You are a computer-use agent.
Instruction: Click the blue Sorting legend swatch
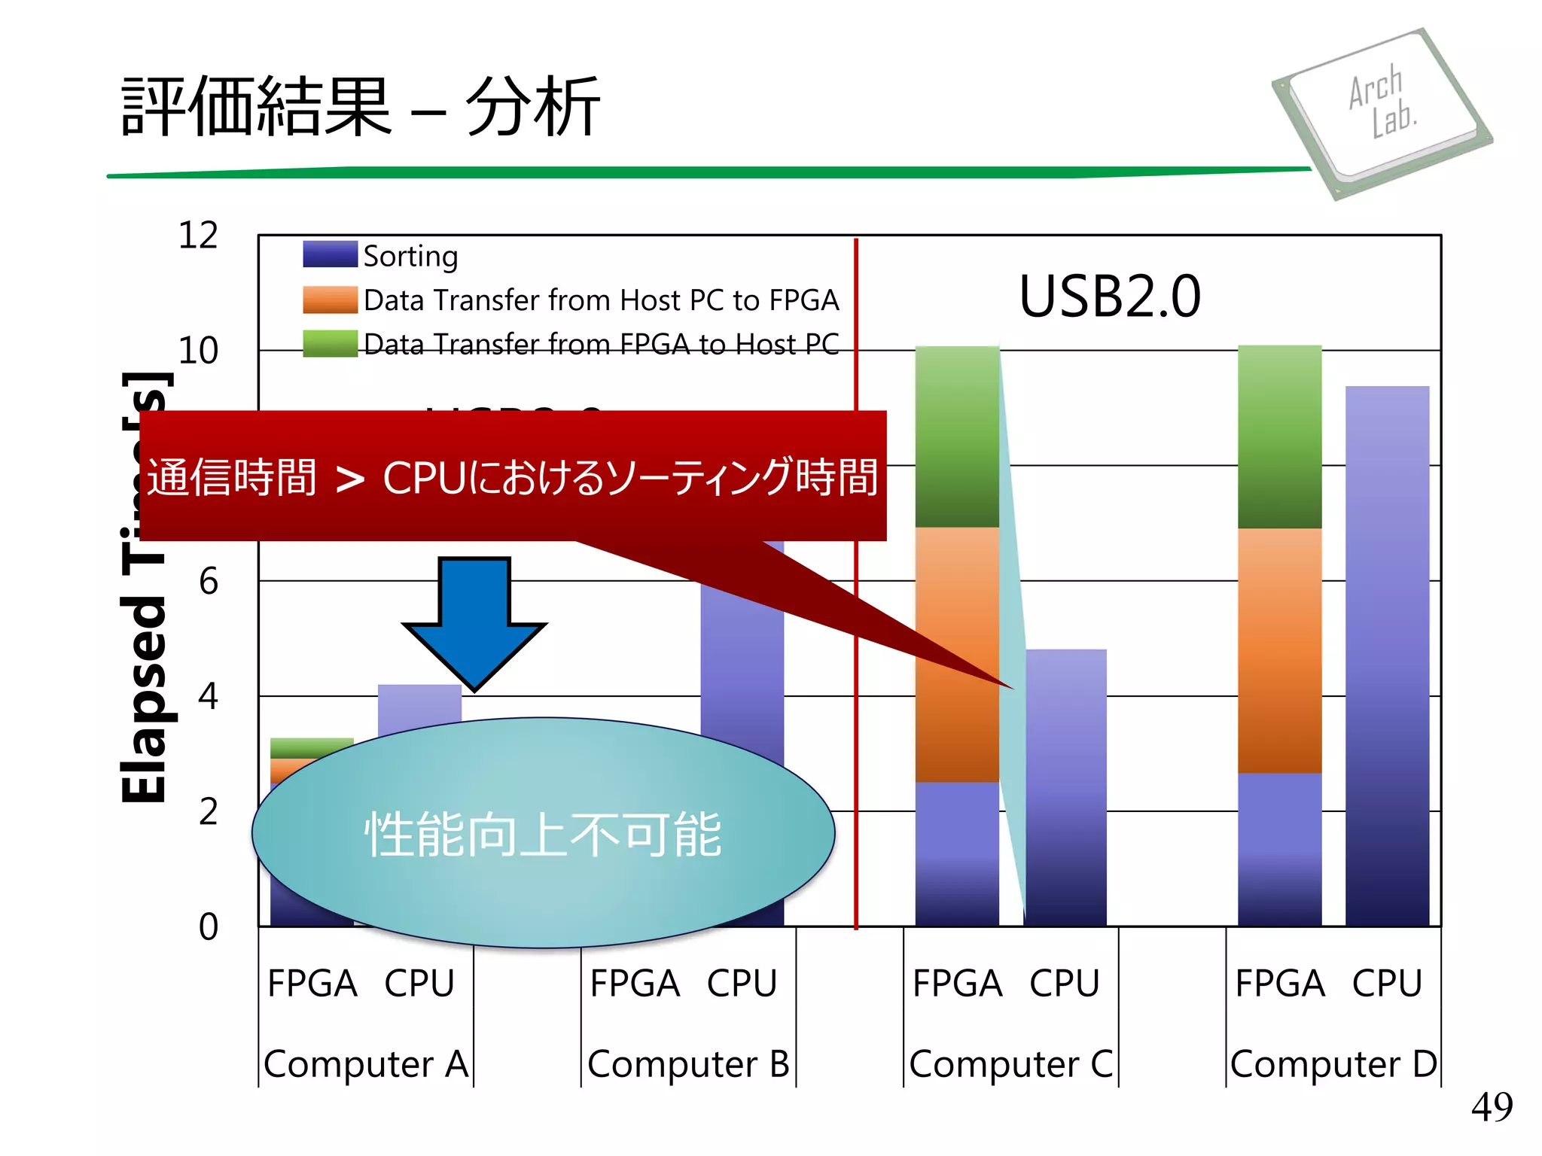(330, 254)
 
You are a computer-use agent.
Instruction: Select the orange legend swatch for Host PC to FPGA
(330, 300)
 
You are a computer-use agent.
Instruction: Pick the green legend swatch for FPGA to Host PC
(330, 343)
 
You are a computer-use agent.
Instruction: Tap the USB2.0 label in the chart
(1110, 297)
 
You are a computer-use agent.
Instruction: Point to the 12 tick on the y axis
(198, 236)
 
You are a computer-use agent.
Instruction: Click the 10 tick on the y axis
(198, 351)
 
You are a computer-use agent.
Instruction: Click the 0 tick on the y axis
(208, 927)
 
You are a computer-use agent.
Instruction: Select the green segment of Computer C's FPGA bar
(957, 437)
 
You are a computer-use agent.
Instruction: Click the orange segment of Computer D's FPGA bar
(1279, 651)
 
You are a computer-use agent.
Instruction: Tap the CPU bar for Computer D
(1387, 655)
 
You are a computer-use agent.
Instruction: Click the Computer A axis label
(366, 1064)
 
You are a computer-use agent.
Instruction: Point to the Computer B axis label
(688, 1064)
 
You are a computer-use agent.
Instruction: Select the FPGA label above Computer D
(1279, 984)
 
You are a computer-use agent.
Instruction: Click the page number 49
(1492, 1107)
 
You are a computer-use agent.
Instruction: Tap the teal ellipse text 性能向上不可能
(543, 835)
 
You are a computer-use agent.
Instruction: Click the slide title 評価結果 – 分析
(361, 107)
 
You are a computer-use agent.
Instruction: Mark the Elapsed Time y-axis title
(145, 587)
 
